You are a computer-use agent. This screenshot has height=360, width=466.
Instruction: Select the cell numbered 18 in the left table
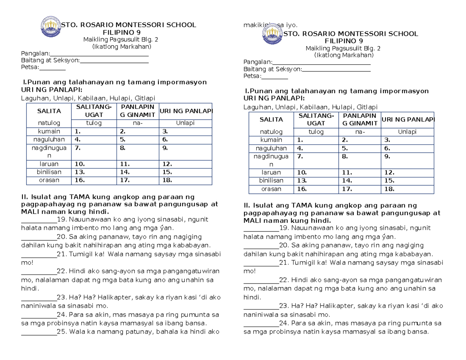pyautogui.click(x=185, y=180)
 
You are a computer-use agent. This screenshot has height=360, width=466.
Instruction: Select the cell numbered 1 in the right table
pyautogui.click(x=316, y=140)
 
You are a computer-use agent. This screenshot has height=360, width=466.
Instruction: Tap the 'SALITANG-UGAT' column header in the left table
pyautogui.click(x=94, y=111)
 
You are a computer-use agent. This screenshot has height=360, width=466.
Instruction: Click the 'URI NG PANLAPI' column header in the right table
pyautogui.click(x=408, y=120)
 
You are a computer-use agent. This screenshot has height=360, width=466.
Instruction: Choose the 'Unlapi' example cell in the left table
pyautogui.click(x=185, y=123)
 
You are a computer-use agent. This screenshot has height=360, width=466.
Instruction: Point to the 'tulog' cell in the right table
pyautogui.click(x=316, y=132)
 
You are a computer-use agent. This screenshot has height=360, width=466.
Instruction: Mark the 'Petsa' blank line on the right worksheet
pyautogui.click(x=272, y=78)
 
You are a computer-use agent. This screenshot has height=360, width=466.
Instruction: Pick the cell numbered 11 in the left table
pyautogui.click(x=137, y=164)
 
